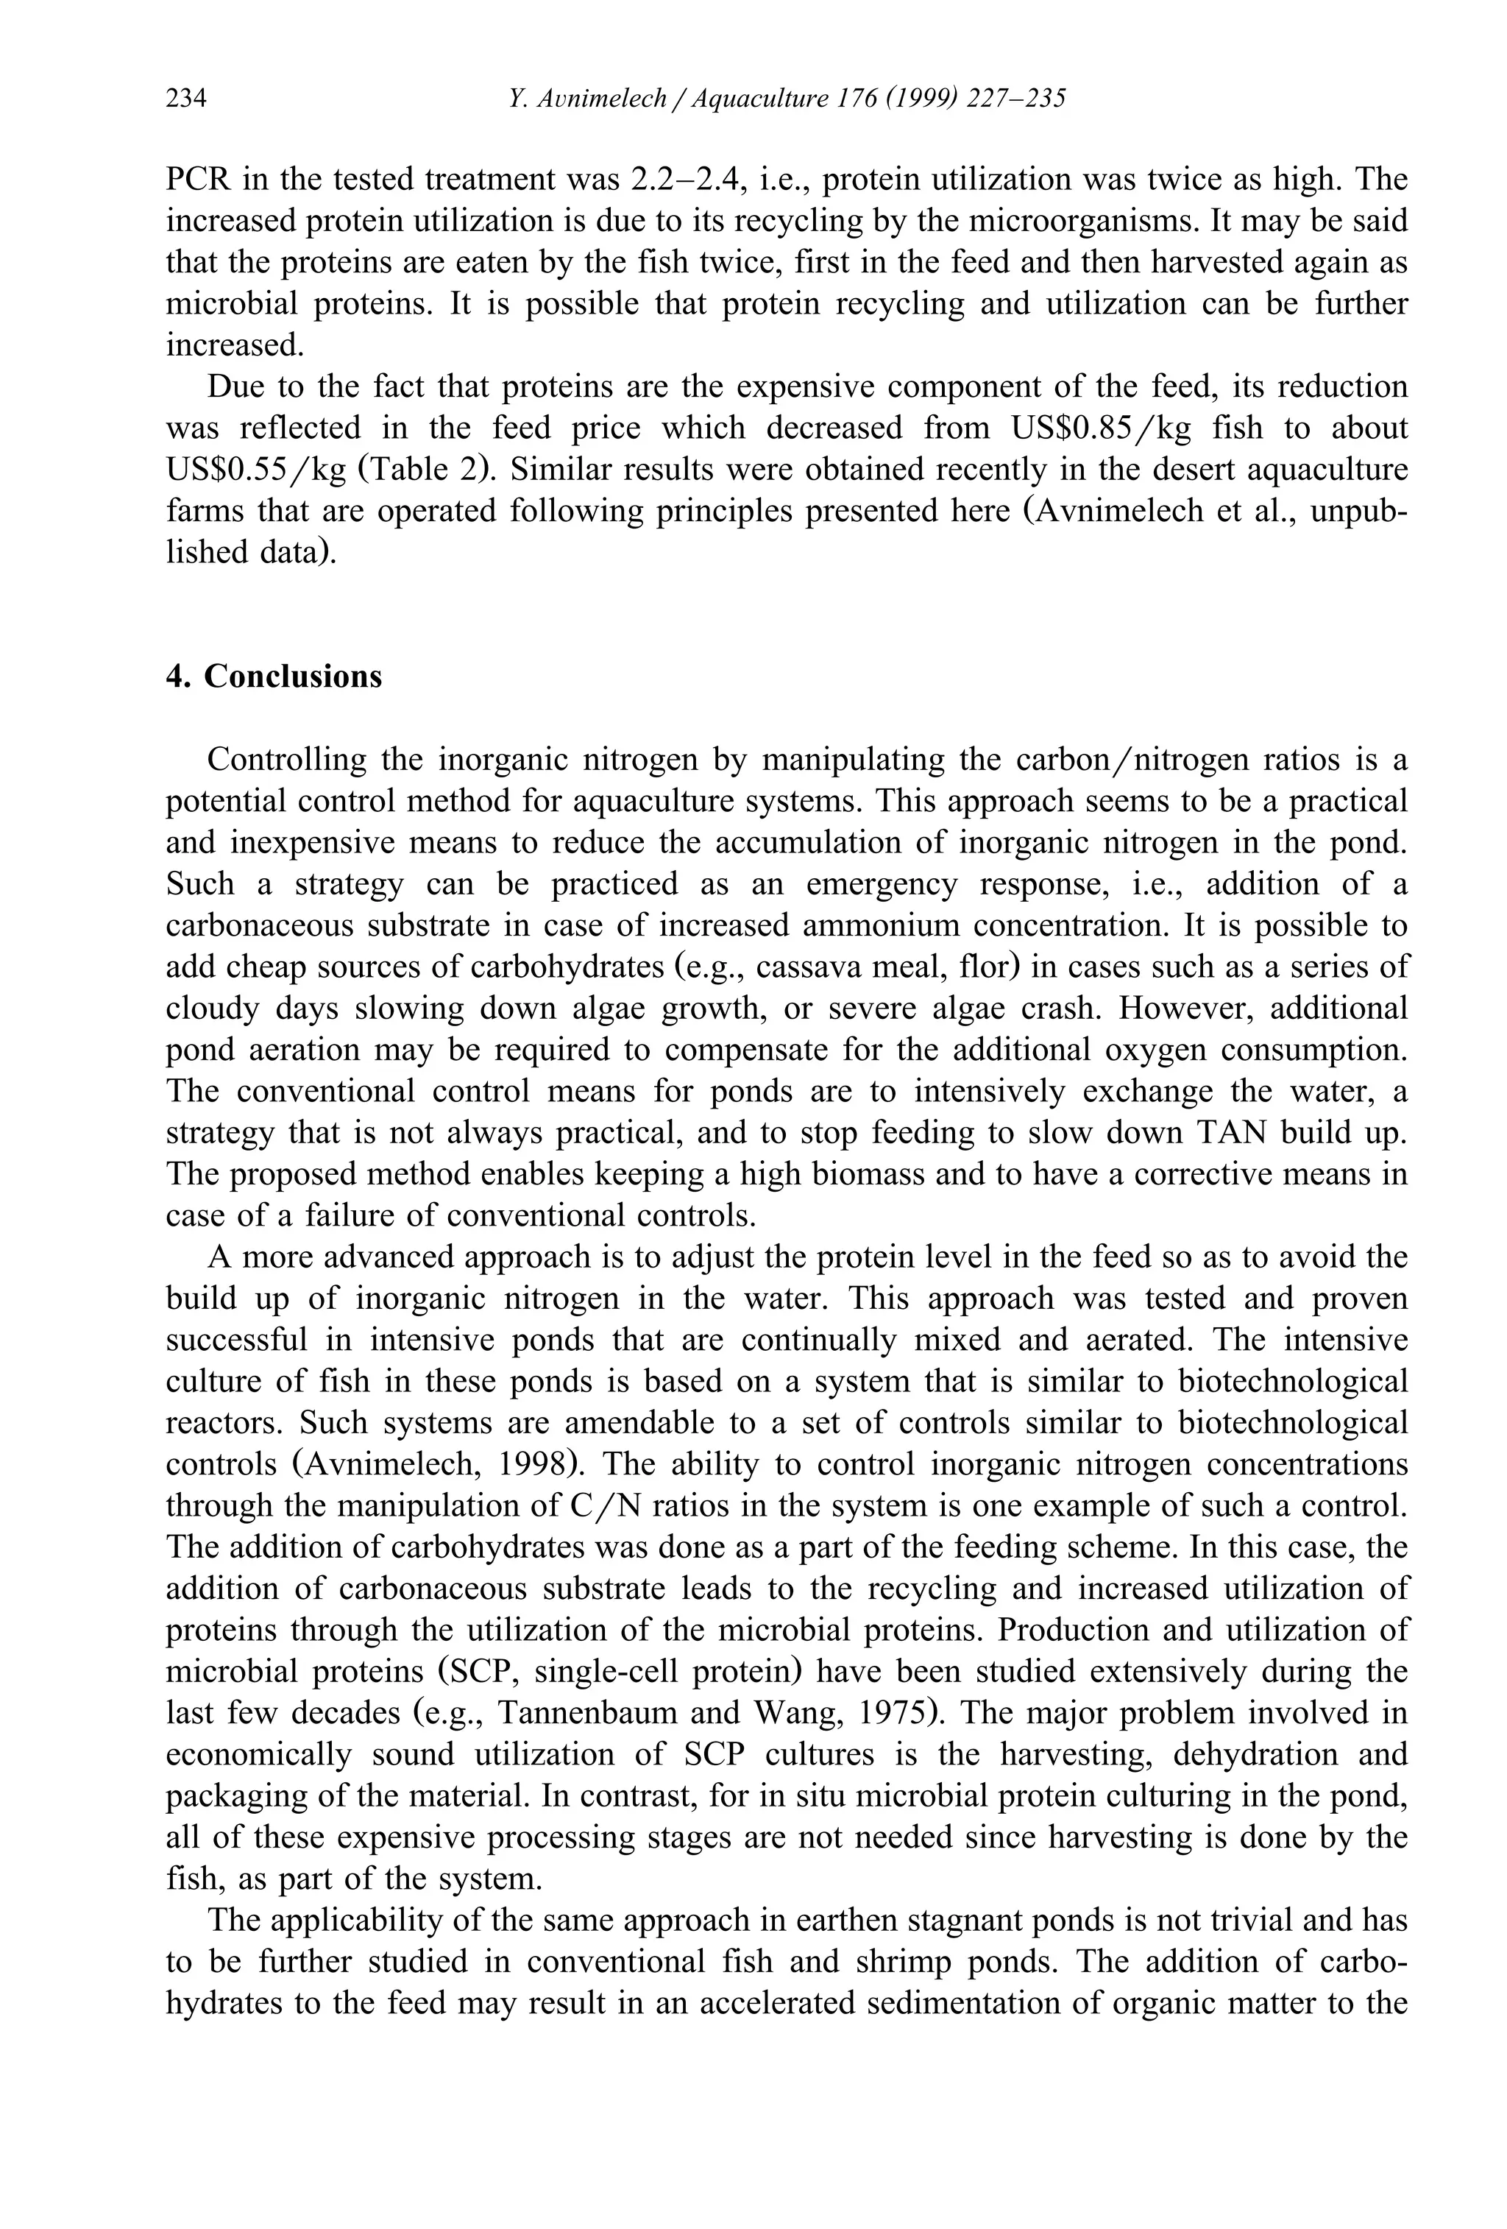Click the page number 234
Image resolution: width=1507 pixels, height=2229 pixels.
tap(186, 99)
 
